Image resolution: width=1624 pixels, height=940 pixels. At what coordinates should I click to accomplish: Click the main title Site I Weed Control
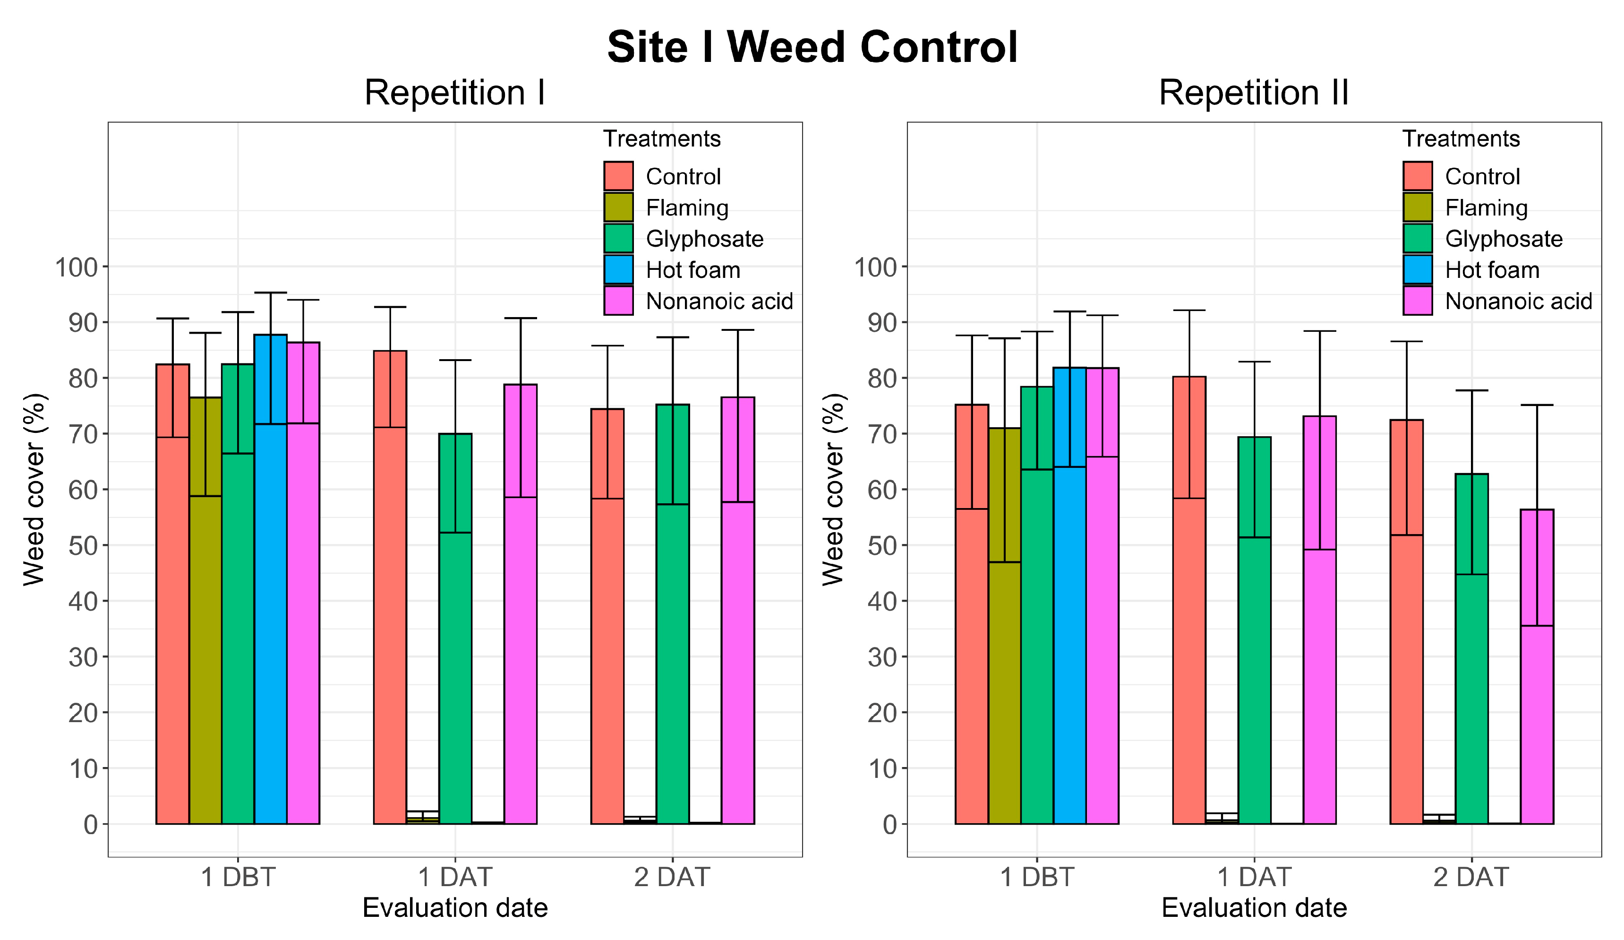click(x=812, y=47)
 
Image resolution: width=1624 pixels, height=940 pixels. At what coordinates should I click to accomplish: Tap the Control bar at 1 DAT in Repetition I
click(x=390, y=612)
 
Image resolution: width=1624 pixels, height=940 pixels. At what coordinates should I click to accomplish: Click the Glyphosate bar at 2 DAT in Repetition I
click(x=672, y=645)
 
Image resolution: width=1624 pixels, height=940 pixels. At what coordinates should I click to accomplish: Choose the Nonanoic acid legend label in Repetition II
click(x=1518, y=301)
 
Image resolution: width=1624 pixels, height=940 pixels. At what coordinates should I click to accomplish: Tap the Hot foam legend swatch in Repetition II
click(x=1417, y=269)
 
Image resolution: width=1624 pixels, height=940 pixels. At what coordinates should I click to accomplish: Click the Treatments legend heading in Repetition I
click(x=661, y=138)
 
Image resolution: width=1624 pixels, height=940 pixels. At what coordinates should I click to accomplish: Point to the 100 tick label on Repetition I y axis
click(x=76, y=267)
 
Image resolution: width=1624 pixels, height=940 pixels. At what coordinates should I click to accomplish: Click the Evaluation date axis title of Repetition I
click(x=454, y=908)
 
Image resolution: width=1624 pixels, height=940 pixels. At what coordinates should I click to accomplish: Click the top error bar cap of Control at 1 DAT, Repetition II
click(x=1189, y=310)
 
